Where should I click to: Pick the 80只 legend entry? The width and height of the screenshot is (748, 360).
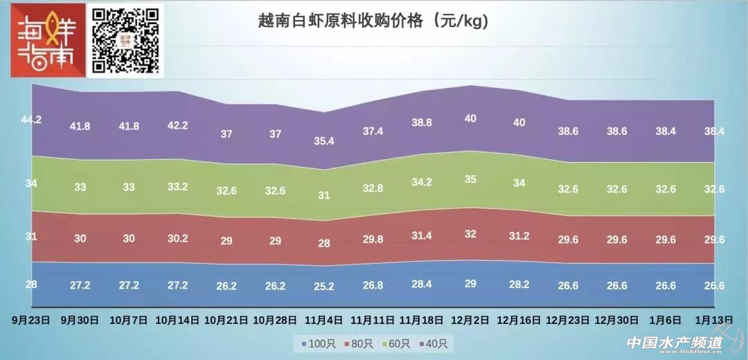point(357,343)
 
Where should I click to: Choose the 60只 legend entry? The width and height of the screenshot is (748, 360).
point(397,343)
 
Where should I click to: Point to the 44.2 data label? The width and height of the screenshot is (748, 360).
point(31,119)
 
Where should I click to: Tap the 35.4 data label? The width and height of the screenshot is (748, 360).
point(323,141)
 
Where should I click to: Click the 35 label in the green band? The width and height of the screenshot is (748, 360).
point(470,179)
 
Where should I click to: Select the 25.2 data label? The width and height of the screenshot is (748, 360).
point(323,286)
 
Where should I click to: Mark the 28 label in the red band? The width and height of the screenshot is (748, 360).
point(323,243)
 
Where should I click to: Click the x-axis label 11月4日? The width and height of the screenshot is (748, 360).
point(323,321)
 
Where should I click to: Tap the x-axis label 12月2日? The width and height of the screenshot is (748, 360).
point(470,321)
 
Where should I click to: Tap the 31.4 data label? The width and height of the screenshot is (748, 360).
point(422,235)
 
